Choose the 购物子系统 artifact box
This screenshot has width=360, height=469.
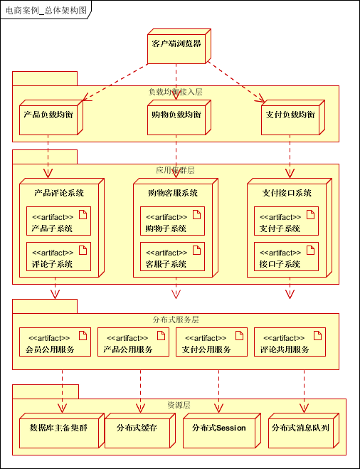[x=172, y=221]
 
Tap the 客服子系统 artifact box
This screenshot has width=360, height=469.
[x=172, y=257]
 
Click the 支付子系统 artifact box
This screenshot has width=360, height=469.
[x=286, y=221]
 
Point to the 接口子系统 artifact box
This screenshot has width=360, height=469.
[x=286, y=257]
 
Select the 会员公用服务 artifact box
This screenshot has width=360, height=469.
[x=55, y=342]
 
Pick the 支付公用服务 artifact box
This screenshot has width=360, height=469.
[x=211, y=342]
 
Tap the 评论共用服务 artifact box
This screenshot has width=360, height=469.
[x=289, y=342]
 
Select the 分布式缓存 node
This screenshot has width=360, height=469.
[x=136, y=429]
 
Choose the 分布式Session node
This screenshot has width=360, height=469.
[x=218, y=429]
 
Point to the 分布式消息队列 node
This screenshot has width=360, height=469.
[x=304, y=429]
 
